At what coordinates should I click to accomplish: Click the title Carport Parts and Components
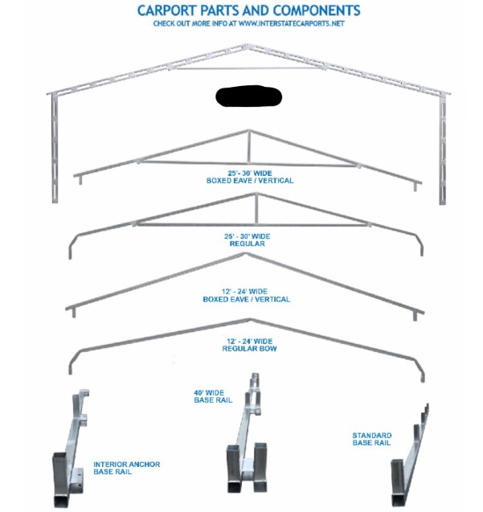pyautogui.click(x=248, y=10)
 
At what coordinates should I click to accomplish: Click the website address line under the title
pyautogui.click(x=248, y=23)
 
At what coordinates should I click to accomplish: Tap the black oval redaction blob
pyautogui.click(x=248, y=96)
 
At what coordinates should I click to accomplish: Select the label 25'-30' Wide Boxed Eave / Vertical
pyautogui.click(x=250, y=177)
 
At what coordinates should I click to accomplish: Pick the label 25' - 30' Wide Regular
pyautogui.click(x=248, y=240)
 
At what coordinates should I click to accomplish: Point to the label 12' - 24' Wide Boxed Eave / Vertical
pyautogui.click(x=247, y=295)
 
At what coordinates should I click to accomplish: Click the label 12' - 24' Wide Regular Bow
pyautogui.click(x=249, y=345)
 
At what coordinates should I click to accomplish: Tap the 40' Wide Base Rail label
pyautogui.click(x=213, y=396)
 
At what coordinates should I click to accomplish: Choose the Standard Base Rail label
pyautogui.click(x=372, y=439)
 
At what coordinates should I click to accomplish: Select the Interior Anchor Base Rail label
pyautogui.click(x=127, y=468)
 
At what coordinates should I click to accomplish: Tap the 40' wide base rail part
pyautogui.click(x=246, y=434)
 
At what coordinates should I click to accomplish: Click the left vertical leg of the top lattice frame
pyautogui.click(x=55, y=149)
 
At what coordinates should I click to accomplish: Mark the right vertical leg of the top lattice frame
pyautogui.click(x=443, y=150)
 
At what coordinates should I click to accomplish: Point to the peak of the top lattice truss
pyautogui.click(x=248, y=45)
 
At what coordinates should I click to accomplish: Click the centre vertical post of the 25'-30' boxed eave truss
pyautogui.click(x=249, y=146)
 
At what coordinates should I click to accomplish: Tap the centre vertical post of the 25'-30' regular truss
pyautogui.click(x=256, y=209)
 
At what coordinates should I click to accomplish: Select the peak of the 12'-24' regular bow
pyautogui.click(x=250, y=320)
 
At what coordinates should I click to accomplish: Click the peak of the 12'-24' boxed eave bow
pyautogui.click(x=247, y=254)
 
